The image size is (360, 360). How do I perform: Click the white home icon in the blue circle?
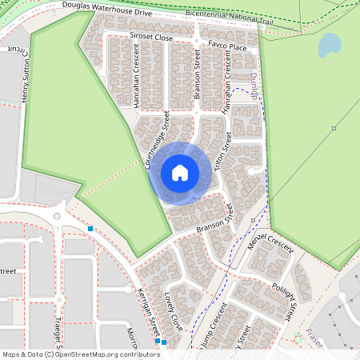click(180, 172)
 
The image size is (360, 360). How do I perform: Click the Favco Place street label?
click(226, 47)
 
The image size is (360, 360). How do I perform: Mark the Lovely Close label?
click(173, 311)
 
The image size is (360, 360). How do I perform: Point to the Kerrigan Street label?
click(150, 313)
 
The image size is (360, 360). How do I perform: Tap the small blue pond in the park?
click(329, 46)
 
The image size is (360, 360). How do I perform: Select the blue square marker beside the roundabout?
click(90, 230)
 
